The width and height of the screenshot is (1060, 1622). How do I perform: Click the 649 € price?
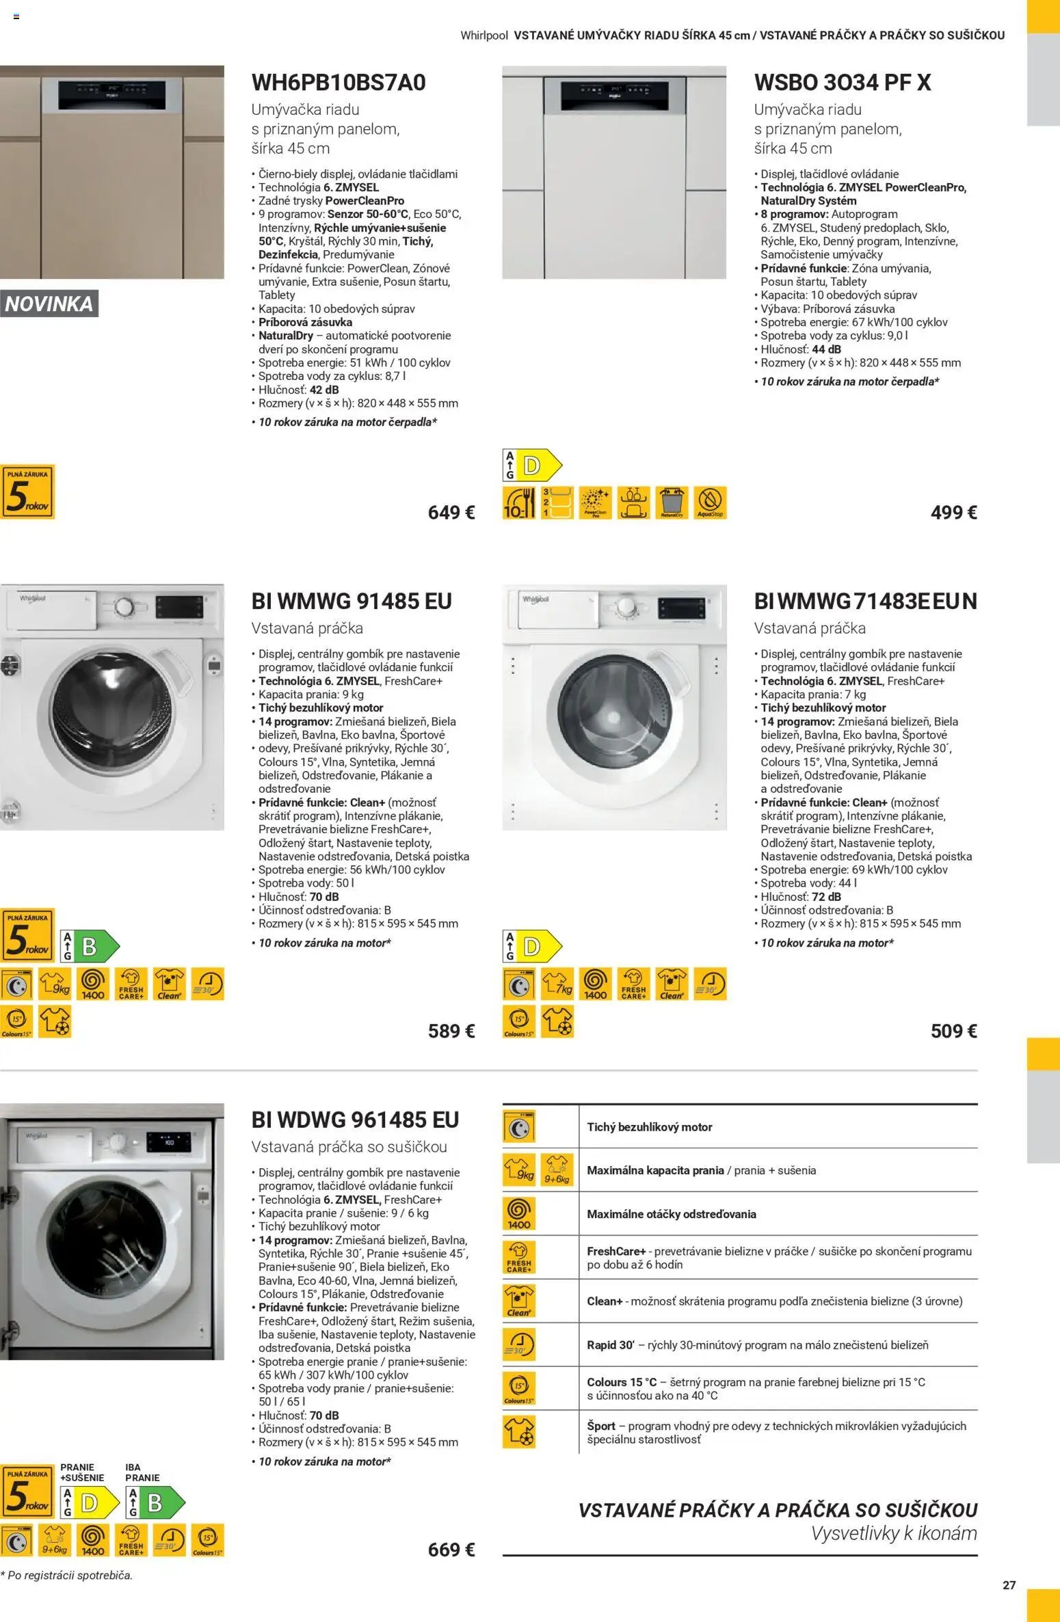pos(451,512)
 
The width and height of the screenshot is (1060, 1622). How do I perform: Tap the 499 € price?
pos(953,512)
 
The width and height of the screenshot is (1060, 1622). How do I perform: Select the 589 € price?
pos(451,1031)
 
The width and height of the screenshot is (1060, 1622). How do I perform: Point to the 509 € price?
pos(953,1031)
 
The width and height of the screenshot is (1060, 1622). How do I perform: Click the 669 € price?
pos(451,1550)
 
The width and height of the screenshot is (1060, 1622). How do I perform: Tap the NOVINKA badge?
pos(49,304)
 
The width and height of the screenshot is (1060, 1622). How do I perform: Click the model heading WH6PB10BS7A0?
pos(339,83)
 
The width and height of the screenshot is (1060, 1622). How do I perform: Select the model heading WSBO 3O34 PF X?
pos(842,83)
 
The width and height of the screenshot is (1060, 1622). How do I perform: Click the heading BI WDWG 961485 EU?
pos(355,1120)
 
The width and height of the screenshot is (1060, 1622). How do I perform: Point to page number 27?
pos(1009,1585)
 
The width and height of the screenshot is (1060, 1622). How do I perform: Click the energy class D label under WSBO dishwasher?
pos(532,465)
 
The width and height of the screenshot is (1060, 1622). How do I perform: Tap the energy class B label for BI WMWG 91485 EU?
pos(90,947)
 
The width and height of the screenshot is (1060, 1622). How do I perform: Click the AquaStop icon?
pos(710,502)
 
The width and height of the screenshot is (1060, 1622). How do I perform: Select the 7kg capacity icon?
pos(557,984)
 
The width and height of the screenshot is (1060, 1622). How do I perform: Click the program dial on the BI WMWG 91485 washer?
pos(124,607)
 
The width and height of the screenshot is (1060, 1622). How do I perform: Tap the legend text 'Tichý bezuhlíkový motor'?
pos(649,1127)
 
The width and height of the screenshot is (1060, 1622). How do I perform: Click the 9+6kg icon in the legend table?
pos(557,1170)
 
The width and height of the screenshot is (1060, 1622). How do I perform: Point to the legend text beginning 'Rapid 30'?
pos(757,1344)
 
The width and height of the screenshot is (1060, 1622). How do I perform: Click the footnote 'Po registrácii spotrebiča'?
pos(66,1575)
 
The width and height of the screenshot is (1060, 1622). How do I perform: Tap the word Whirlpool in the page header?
pos(484,36)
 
